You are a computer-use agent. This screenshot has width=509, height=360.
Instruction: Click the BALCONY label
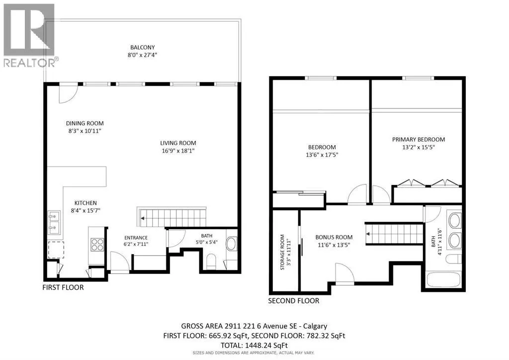click(143, 47)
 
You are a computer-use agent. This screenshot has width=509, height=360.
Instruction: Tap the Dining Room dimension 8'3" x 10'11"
click(85, 131)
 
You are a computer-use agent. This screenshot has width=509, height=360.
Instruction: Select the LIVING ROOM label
click(178, 143)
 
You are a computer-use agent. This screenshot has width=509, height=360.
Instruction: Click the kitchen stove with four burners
click(97, 245)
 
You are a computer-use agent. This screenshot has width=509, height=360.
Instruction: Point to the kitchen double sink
click(54, 222)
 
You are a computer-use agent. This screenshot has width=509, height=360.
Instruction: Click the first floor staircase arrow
click(143, 218)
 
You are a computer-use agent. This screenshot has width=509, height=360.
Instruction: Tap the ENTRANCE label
click(136, 238)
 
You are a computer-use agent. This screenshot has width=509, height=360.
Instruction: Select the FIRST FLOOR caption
click(63, 287)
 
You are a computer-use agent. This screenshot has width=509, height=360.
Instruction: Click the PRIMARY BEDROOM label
click(419, 140)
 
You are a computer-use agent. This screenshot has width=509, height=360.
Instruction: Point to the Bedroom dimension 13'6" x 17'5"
click(322, 155)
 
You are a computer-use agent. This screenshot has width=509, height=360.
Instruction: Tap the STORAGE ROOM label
click(282, 252)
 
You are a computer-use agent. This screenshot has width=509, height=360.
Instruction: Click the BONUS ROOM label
click(334, 237)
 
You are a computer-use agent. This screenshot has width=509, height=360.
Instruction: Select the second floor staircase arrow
click(368, 234)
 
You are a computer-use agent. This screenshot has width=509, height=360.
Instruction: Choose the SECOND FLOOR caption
click(293, 301)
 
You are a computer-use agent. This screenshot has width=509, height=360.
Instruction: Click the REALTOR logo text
click(29, 63)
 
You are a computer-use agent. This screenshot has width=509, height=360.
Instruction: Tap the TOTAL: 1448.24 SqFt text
click(254, 346)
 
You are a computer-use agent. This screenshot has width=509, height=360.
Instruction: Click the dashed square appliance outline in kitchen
click(56, 250)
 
